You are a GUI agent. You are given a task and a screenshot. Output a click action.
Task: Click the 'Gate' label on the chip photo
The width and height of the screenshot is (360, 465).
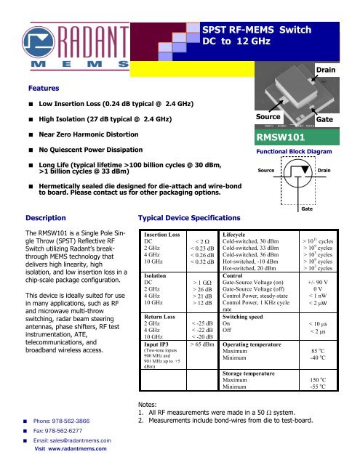pyautogui.click(x=324, y=118)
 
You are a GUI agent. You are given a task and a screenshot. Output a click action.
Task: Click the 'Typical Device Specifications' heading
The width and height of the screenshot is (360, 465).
pyautogui.click(x=185, y=217)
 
